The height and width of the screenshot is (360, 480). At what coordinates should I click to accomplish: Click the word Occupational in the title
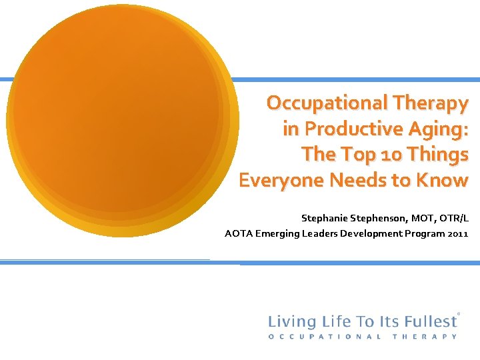pyautogui.click(x=318, y=103)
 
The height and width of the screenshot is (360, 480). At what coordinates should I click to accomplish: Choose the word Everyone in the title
pyautogui.click(x=277, y=180)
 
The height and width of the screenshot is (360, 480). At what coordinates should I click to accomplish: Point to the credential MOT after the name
pyautogui.click(x=422, y=218)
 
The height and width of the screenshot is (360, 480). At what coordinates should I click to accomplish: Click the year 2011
pyautogui.click(x=459, y=233)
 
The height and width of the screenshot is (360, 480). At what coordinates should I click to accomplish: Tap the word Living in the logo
pyautogui.click(x=289, y=321)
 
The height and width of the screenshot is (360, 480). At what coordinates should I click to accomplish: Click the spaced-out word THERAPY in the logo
pyautogui.click(x=426, y=337)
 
